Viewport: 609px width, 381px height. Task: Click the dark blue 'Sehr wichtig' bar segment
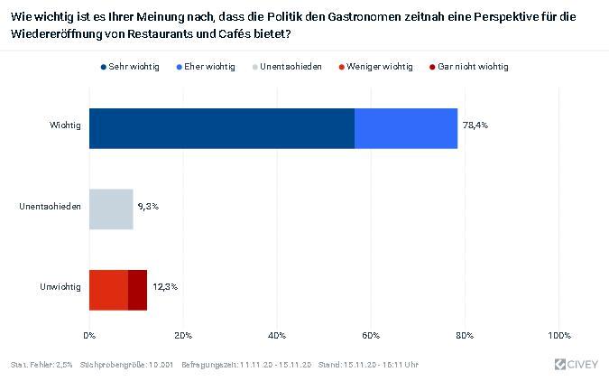tap(222, 128)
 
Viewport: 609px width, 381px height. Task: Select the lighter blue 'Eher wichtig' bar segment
tap(406, 128)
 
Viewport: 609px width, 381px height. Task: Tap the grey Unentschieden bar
tap(111, 209)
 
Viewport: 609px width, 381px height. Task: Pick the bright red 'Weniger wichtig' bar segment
tap(108, 289)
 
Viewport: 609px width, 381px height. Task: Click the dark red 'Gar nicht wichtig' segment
tap(137, 289)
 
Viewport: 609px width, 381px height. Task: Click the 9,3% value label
tap(148, 207)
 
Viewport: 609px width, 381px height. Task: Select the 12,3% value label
tap(164, 287)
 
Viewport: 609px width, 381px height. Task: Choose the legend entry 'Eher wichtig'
tap(209, 67)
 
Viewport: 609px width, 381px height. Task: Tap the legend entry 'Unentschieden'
tap(291, 67)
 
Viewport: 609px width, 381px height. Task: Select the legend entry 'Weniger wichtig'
tap(380, 67)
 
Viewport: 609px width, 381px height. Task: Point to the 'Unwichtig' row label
tap(60, 287)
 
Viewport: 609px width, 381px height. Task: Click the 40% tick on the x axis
tap(277, 336)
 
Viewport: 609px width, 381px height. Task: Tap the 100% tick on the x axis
tap(559, 336)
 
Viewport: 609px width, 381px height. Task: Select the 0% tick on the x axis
tap(89, 336)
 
